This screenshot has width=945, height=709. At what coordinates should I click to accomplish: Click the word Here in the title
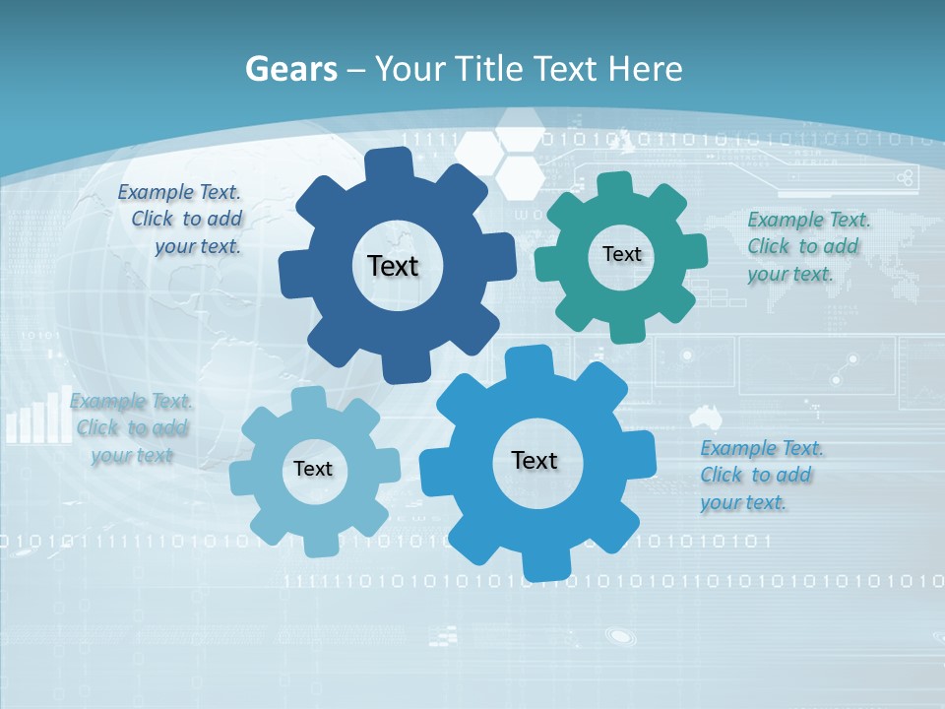coord(645,69)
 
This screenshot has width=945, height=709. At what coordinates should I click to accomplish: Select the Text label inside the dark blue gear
coord(393,266)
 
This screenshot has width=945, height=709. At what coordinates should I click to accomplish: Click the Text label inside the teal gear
coord(621,254)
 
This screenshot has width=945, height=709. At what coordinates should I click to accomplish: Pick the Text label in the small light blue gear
coord(313,469)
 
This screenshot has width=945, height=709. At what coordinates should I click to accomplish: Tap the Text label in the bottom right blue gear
coord(535,460)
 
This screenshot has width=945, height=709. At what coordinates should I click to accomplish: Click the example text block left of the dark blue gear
coord(182,220)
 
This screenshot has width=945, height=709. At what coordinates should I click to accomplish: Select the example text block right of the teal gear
coord(808,246)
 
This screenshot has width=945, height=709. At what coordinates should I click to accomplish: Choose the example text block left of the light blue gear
coord(131,428)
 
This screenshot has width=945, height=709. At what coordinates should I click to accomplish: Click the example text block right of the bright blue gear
coord(761,475)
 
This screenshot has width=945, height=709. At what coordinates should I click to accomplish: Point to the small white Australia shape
coord(706,415)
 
